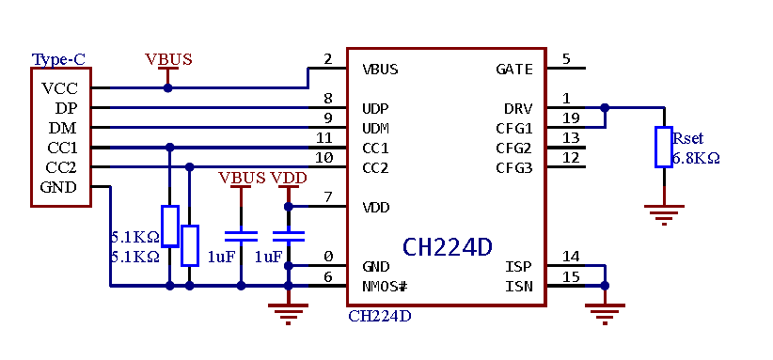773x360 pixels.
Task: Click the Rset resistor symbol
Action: [664, 147]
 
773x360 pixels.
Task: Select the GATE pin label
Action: [513, 69]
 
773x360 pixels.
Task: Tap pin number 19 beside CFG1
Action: [571, 117]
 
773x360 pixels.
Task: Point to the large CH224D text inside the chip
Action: [447, 247]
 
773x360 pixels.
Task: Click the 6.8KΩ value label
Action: [696, 159]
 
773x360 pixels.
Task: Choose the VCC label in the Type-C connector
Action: [59, 88]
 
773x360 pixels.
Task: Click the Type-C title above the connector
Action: [58, 59]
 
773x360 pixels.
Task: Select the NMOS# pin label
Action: [385, 286]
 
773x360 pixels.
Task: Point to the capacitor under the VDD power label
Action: [289, 235]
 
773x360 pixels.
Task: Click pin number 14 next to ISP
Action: [571, 256]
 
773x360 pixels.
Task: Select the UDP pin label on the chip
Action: [375, 108]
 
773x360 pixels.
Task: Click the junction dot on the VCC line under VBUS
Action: [168, 88]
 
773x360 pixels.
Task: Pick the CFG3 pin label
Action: [513, 167]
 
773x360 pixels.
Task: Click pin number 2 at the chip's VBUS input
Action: [328, 59]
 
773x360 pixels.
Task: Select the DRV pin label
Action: [518, 108]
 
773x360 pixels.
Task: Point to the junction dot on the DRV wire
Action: [605, 108]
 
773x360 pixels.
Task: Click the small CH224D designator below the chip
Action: [379, 316]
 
